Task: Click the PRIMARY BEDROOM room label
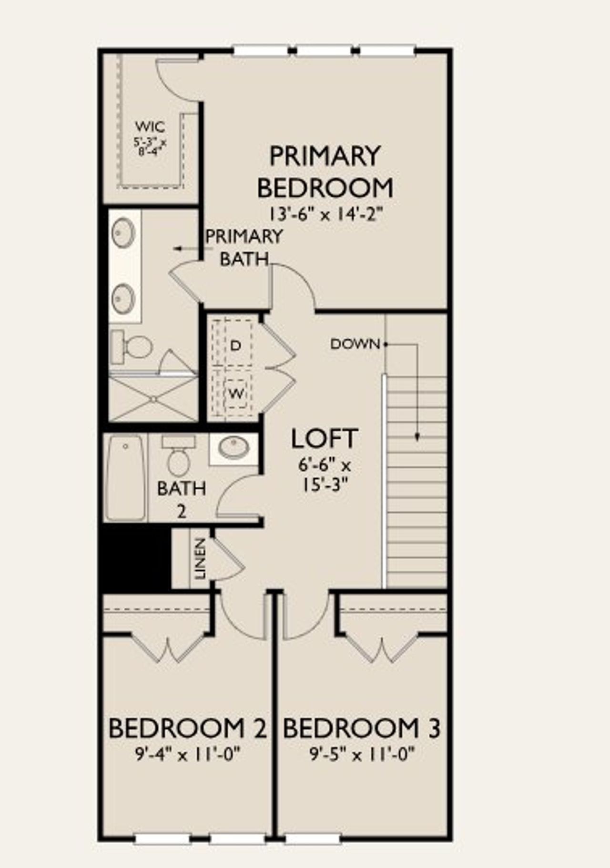click(325, 172)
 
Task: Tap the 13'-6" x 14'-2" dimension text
click(325, 214)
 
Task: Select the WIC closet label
click(150, 127)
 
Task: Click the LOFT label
click(324, 439)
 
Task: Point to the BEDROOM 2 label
click(187, 728)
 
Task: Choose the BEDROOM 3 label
click(362, 728)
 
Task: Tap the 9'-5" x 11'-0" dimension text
click(362, 754)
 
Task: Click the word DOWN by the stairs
click(355, 344)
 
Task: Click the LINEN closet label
click(201, 558)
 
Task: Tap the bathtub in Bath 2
click(125, 477)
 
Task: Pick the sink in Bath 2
click(234, 448)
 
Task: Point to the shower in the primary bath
click(153, 398)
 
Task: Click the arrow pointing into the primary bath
click(185, 249)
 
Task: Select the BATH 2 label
click(182, 499)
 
